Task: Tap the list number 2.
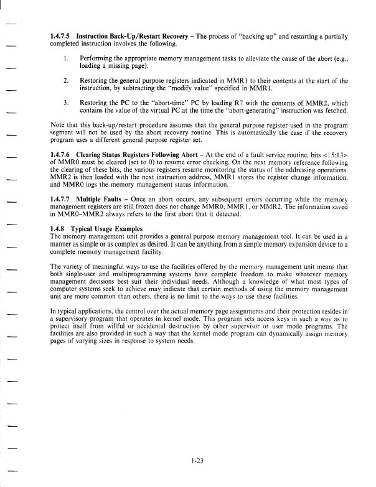click(67, 80)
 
